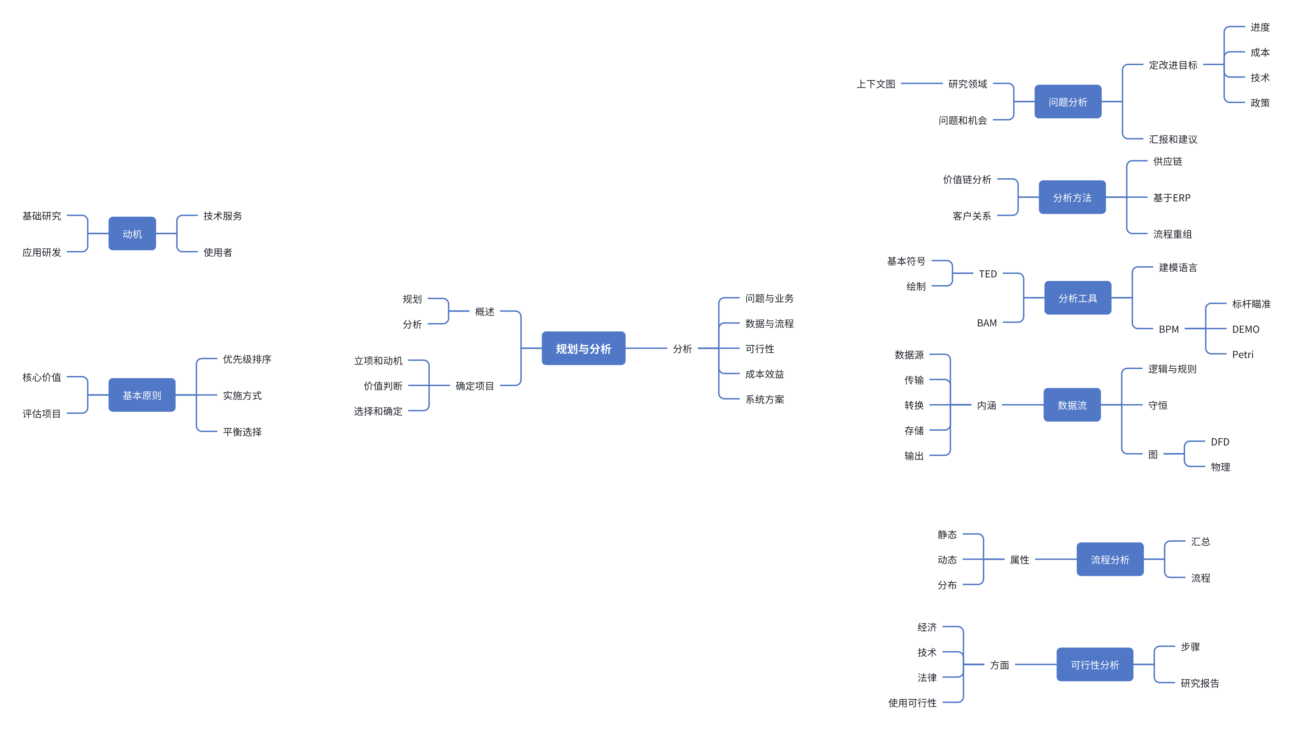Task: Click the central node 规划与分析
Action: pos(583,348)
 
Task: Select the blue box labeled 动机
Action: pos(132,234)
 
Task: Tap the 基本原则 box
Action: pos(142,395)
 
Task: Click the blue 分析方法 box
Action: pos(1072,198)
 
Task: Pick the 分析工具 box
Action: pos(1077,298)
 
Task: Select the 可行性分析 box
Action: pos(1094,665)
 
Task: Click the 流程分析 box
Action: pos(1110,559)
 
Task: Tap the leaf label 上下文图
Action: pos(875,84)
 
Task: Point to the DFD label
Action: pos(1220,442)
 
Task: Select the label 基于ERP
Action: pos(1171,198)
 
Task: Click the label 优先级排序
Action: pos(247,359)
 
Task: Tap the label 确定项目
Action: pos(474,386)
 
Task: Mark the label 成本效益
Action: pos(764,374)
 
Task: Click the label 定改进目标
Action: pos(1173,65)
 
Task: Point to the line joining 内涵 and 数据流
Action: pos(1022,405)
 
